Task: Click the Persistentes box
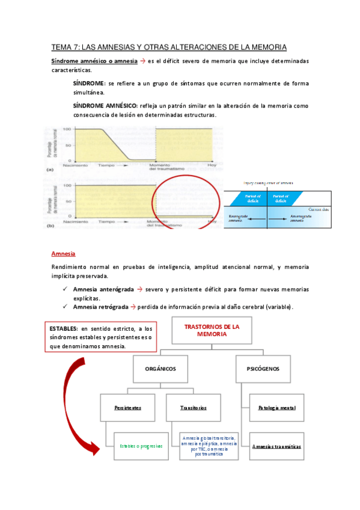coord(128,407)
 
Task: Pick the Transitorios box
coord(193,407)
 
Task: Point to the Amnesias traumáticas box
coord(276,446)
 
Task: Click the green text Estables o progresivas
coord(141,446)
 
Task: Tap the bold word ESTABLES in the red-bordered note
coord(63,329)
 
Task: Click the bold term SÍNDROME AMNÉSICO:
coord(105,105)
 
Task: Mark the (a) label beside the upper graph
coord(49,170)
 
